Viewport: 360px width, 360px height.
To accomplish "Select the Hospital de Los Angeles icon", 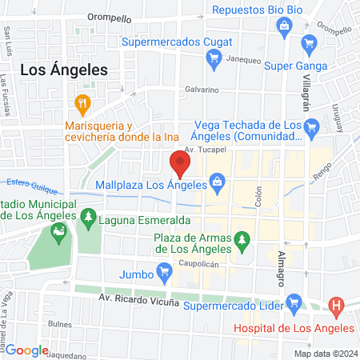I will (x=336, y=305).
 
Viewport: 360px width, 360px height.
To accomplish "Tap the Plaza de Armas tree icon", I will (x=243, y=238).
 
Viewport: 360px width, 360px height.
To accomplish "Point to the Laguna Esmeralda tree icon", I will (x=90, y=218).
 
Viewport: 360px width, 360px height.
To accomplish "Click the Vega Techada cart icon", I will (x=313, y=126).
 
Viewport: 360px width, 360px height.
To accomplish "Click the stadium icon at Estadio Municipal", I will (x=58, y=234).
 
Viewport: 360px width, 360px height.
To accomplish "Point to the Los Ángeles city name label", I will (x=63, y=70).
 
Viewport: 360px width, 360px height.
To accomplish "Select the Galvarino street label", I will (x=202, y=90).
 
